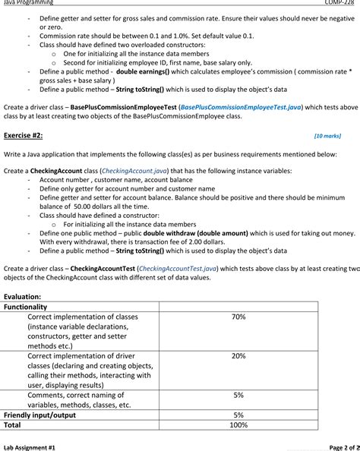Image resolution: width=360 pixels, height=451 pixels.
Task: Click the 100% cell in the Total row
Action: [x=238, y=425]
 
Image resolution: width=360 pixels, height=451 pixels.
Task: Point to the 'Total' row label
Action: [x=14, y=425]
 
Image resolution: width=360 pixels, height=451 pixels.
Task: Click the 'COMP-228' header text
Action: [x=340, y=3]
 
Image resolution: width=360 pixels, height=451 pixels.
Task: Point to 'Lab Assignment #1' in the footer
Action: [x=30, y=448]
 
